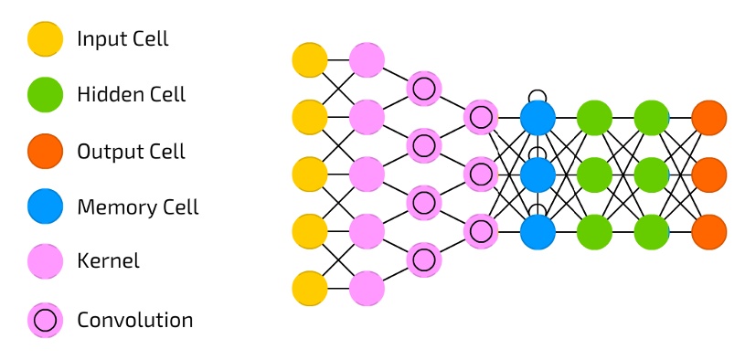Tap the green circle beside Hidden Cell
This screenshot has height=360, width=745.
[46, 94]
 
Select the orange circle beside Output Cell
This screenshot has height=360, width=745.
[46, 151]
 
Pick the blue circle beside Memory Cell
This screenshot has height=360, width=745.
[46, 207]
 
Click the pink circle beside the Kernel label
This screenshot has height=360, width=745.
[46, 263]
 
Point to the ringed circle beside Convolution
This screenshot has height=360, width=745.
[46, 320]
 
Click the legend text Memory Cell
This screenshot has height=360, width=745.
[137, 207]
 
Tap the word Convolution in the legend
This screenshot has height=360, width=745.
[134, 321]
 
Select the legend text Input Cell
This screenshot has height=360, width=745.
[122, 38]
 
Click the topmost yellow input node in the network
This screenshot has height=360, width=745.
[310, 59]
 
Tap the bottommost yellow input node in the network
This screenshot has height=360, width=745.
[310, 288]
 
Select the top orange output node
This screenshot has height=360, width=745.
[708, 117]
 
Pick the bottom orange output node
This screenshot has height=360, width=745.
[708, 230]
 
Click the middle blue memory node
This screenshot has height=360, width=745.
[537, 174]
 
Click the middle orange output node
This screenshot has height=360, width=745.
[708, 174]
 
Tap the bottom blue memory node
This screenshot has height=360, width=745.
[537, 230]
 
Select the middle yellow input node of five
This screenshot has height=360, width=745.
[310, 174]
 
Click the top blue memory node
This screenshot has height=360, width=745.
[537, 117]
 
